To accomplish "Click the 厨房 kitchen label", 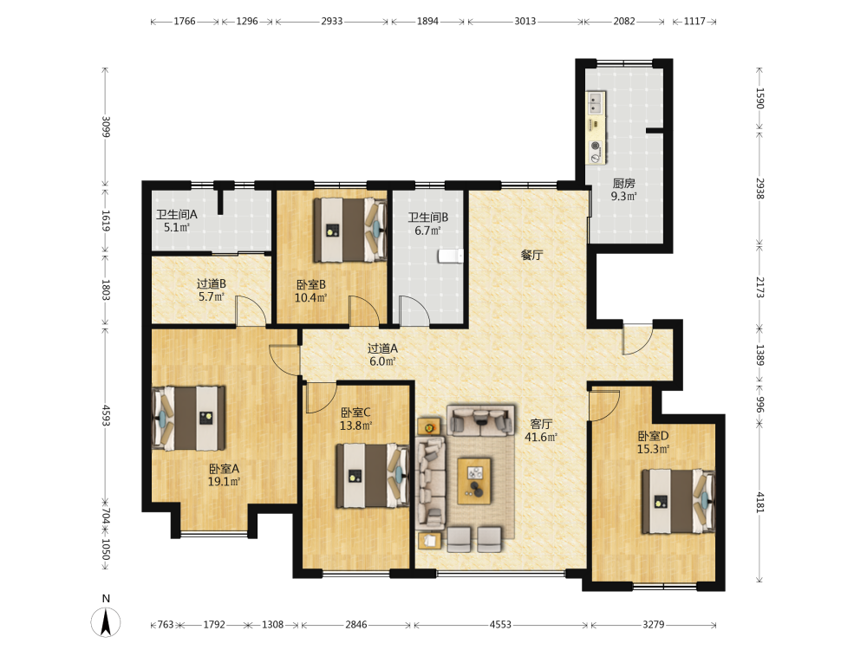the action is coord(623,183).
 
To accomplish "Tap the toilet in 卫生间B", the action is coord(451,256).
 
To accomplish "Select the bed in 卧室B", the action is coord(349,230).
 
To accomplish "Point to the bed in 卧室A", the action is coord(188,418).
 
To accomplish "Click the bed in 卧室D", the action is coord(679,501).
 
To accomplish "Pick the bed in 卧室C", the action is coord(373,475).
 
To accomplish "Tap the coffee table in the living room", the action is coord(474,481).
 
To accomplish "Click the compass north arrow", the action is coord(106,621).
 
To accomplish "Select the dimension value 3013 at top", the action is coord(525,21).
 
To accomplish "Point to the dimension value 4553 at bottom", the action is coord(500,625).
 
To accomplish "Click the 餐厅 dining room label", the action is coord(532,255).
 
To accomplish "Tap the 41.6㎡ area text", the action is coord(541,437).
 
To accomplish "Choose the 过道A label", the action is coord(382,348).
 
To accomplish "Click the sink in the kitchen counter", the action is coord(595,102).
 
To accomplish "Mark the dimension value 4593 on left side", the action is coord(106,415).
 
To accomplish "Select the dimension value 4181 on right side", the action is coord(759,503).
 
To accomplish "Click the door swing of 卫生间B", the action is coord(414,310).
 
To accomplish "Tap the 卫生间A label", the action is coord(177,214).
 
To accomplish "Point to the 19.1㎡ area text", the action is coord(224,481).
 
